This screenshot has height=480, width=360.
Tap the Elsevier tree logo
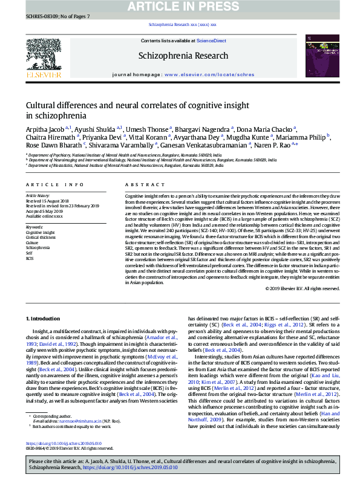tap(43, 56)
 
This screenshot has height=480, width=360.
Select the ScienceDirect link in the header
tap(212, 41)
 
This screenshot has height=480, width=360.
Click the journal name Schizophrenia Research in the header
tap(180, 56)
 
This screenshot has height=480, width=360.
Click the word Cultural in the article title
tap(42, 105)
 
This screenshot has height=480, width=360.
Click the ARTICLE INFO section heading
tap(55, 184)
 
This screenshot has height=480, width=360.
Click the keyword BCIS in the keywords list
tap(30, 258)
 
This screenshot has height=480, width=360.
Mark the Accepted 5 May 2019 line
tap(44, 211)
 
